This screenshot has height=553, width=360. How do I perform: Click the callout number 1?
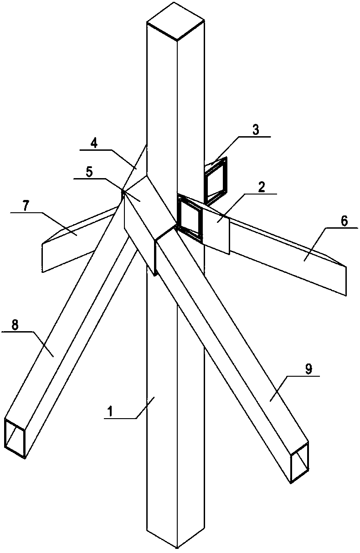pos(111,411)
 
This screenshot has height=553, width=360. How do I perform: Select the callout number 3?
pos(256,130)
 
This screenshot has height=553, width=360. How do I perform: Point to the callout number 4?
pos(94,143)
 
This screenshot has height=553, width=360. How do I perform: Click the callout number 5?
pos(89,172)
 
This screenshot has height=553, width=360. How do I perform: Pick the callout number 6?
pos(344,221)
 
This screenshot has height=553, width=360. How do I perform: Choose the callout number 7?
pos(26,205)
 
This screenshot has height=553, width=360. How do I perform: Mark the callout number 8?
pos(15,325)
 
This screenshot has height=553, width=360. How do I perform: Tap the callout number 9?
pos(309,369)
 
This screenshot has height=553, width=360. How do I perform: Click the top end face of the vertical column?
pos(175,21)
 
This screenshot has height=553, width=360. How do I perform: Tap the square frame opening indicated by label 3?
pos(216,179)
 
